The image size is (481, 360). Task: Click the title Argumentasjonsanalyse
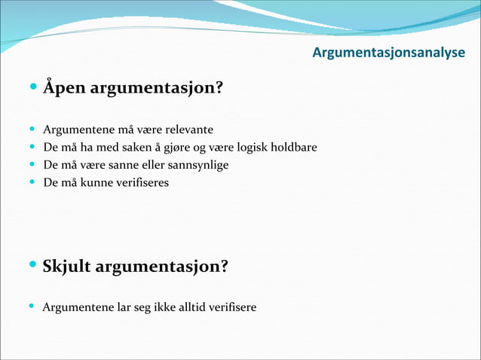tap(388, 53)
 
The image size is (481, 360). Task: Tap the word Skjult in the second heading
tap(67, 267)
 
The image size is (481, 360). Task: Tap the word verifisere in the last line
tap(231, 307)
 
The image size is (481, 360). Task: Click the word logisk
tap(250, 147)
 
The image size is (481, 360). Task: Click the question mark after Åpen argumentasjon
tap(219, 89)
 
